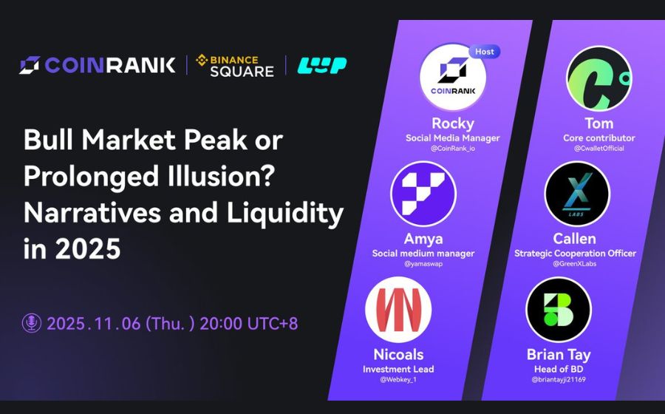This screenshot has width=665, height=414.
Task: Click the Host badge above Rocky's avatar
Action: [484, 52]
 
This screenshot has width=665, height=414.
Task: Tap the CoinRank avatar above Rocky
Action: [452, 78]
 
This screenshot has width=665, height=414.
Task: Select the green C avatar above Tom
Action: [598, 78]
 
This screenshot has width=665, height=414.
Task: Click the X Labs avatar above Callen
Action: [577, 194]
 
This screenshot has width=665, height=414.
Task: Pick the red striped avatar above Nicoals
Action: [398, 308]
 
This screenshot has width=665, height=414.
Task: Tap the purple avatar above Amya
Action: [423, 194]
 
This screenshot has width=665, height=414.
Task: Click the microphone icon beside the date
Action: [32, 323]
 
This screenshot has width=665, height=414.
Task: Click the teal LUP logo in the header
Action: [321, 65]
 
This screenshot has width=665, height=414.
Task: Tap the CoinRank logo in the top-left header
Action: [98, 65]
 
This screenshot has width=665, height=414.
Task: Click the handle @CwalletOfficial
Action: [599, 149]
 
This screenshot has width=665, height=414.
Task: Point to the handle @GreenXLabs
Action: [575, 264]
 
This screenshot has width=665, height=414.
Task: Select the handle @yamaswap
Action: [423, 264]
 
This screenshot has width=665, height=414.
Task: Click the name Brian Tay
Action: [559, 354]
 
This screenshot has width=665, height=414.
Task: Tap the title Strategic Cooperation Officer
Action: [575, 253]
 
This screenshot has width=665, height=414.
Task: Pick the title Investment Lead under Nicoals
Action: [398, 369]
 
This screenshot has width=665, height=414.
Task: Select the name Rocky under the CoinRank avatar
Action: [452, 123]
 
